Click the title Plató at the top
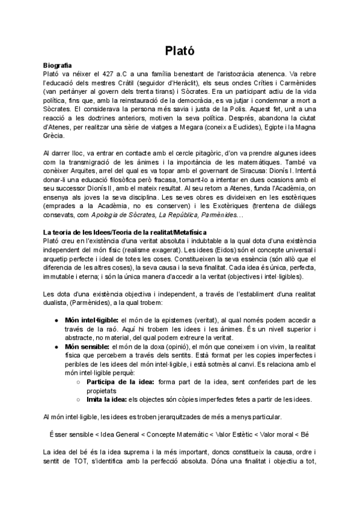[x=180, y=51]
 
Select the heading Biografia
[x=58, y=64]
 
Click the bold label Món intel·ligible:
[x=91, y=321]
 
